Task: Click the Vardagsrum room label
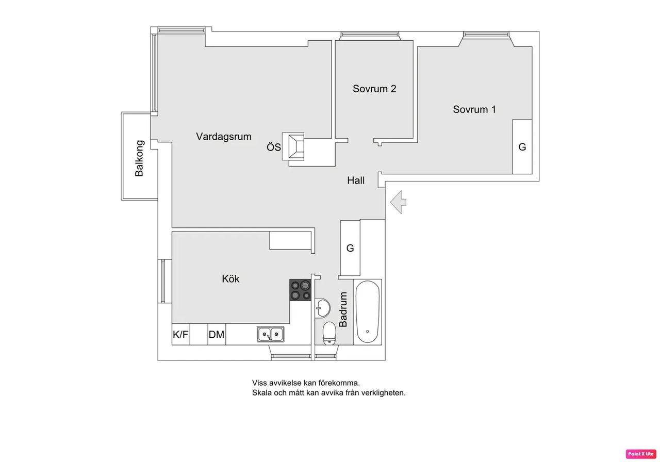pyautogui.click(x=224, y=137)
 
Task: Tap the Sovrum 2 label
pyautogui.click(x=374, y=89)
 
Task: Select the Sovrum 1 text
pyautogui.click(x=474, y=109)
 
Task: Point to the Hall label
pyautogui.click(x=356, y=180)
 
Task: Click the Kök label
pyautogui.click(x=230, y=279)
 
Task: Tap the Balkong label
pyautogui.click(x=139, y=158)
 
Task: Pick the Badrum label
pyautogui.click(x=343, y=310)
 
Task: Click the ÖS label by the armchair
pyautogui.click(x=274, y=147)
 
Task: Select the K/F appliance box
pyautogui.click(x=180, y=335)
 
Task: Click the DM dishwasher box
pyautogui.click(x=217, y=335)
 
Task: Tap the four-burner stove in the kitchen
pyautogui.click(x=300, y=290)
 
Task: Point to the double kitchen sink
pyautogui.click(x=271, y=334)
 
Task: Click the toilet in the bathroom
pyautogui.click(x=329, y=333)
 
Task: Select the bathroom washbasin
pyautogui.click(x=322, y=308)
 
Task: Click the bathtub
pyautogui.click(x=368, y=312)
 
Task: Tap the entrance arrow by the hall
pyautogui.click(x=399, y=202)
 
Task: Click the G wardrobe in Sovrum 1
pyautogui.click(x=522, y=147)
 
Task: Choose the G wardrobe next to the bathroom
pyautogui.click(x=350, y=248)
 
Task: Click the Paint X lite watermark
pyautogui.click(x=641, y=454)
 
